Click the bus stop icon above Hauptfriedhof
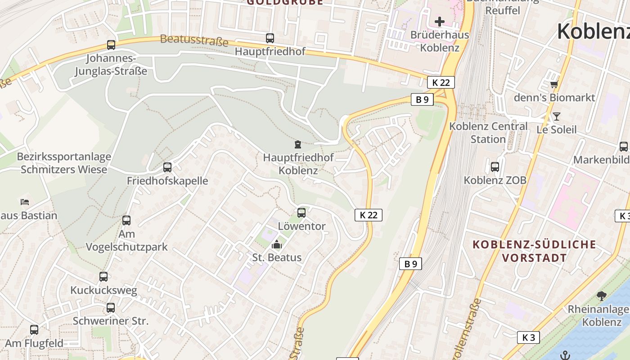coord(270,38)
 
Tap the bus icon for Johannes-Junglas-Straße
coord(111,45)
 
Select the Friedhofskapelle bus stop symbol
coord(167,167)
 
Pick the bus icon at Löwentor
coord(301,212)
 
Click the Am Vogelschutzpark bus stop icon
coord(126,220)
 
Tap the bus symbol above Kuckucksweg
coord(103,277)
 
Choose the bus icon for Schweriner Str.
coord(111,308)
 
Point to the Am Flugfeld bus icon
coord(34,330)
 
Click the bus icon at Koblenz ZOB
coord(495,167)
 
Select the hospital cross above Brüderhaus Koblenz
coord(440,21)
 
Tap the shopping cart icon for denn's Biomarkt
coord(554,84)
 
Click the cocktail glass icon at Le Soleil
coord(557,117)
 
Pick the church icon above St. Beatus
coord(277,244)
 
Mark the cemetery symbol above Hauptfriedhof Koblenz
coord(297,144)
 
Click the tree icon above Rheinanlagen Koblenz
coord(601,296)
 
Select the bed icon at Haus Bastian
coord(25,202)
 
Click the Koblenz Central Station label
coord(488,133)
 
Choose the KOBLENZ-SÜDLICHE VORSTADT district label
coord(535,251)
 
